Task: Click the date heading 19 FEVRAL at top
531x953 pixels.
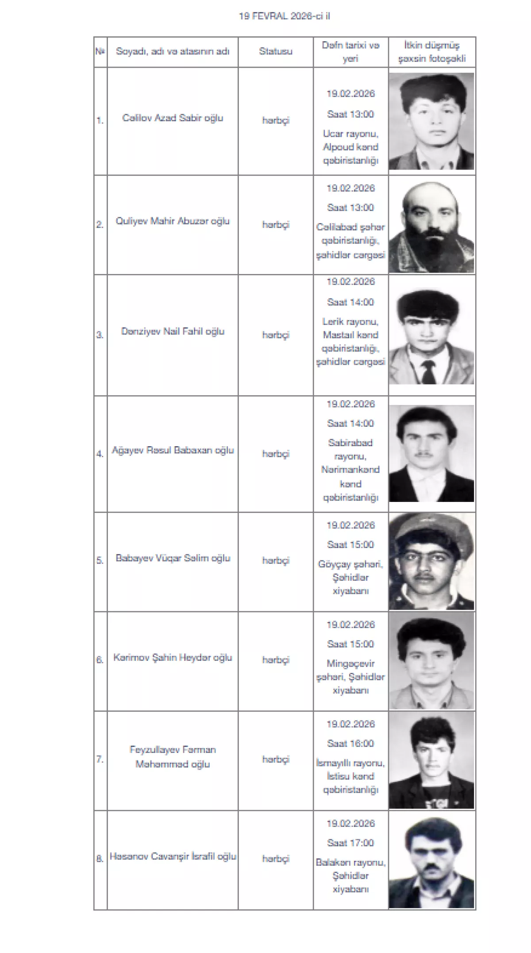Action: coord(284,16)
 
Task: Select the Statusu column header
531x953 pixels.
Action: coord(275,51)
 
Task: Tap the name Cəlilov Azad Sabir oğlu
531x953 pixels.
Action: coord(173,118)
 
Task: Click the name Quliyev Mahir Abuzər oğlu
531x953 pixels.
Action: coord(173,221)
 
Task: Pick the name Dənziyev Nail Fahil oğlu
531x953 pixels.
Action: coord(173,332)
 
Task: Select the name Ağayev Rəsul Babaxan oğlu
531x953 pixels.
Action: coord(173,451)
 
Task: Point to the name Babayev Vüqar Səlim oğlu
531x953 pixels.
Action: coord(173,558)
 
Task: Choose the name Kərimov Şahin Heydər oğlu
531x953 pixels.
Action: coord(173,658)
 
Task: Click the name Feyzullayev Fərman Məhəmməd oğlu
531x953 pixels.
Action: coord(173,757)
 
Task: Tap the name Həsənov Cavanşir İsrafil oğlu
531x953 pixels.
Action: coord(173,857)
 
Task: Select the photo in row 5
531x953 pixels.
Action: coord(431,561)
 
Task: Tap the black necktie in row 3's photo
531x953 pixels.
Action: coord(428,372)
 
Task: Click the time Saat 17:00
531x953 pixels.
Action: coord(350,843)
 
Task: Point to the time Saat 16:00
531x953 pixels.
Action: coord(350,744)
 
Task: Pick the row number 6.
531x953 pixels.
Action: coord(100,660)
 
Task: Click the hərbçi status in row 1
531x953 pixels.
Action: coord(275,120)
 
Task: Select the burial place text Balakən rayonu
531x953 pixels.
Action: coord(350,862)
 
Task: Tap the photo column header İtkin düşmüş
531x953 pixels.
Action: coord(431,52)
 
